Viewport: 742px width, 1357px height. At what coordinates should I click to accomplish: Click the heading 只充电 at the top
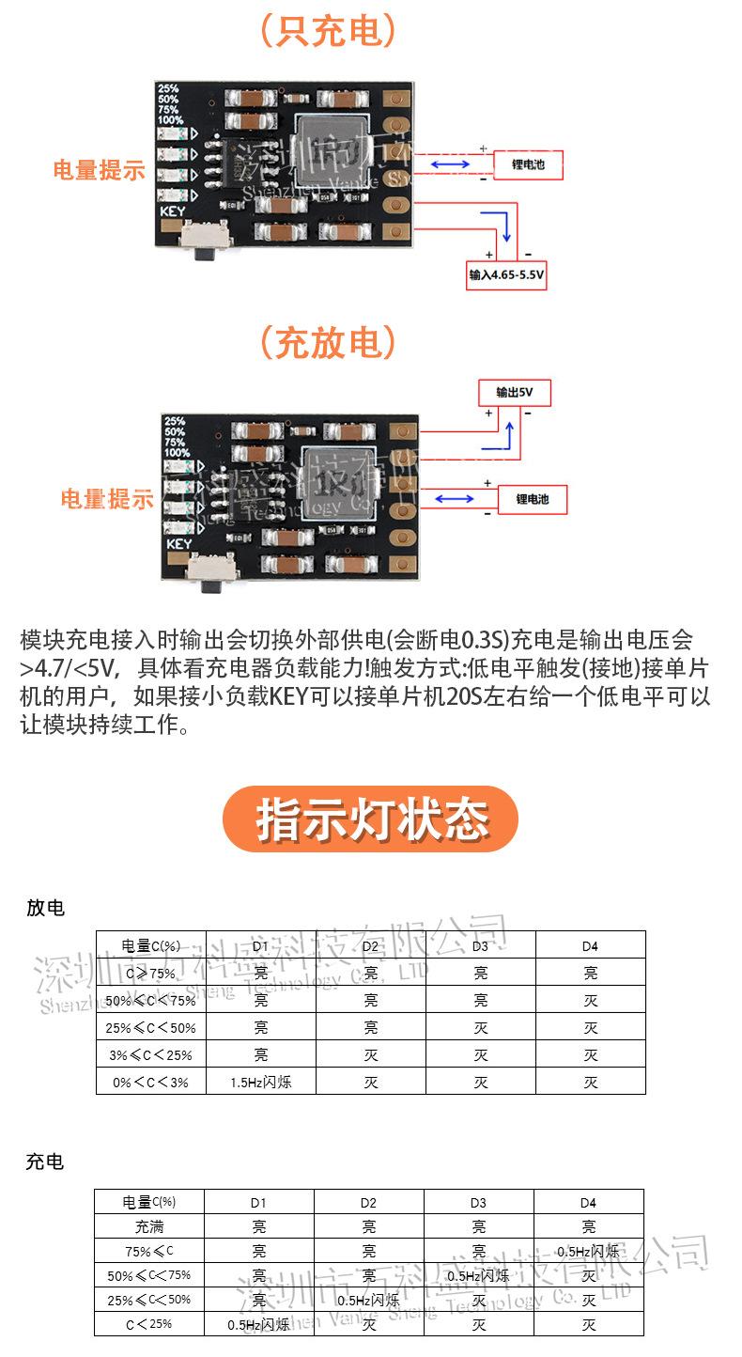tap(327, 34)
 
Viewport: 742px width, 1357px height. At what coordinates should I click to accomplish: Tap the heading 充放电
tap(327, 343)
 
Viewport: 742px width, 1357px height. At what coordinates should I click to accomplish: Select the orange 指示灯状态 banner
tap(370, 819)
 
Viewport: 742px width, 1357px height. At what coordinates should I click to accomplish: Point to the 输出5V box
tap(512, 392)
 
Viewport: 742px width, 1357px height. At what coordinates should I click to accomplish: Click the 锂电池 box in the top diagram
tap(529, 165)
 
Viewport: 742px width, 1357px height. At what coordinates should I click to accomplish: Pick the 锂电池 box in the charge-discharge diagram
tap(532, 499)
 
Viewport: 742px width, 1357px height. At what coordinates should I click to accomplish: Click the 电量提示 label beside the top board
tap(99, 170)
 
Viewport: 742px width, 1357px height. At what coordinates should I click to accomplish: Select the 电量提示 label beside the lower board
tap(107, 499)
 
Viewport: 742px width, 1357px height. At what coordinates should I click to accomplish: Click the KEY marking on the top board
tap(173, 211)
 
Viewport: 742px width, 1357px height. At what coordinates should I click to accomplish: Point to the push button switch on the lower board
tap(209, 573)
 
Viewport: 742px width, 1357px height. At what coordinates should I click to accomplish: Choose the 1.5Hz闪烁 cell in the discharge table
tap(261, 1082)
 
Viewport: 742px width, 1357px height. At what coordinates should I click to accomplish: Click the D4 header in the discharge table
tap(590, 945)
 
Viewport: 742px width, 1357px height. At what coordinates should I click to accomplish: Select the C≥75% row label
tap(150, 973)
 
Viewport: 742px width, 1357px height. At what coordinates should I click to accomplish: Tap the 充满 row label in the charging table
tap(148, 1226)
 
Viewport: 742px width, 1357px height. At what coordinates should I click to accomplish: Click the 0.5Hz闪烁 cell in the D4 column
tap(588, 1251)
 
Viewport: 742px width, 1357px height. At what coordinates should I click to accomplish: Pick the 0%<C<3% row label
tap(150, 1082)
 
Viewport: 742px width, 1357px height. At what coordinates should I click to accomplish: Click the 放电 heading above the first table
tap(45, 908)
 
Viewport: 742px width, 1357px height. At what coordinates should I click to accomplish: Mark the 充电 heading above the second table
tap(45, 1162)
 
